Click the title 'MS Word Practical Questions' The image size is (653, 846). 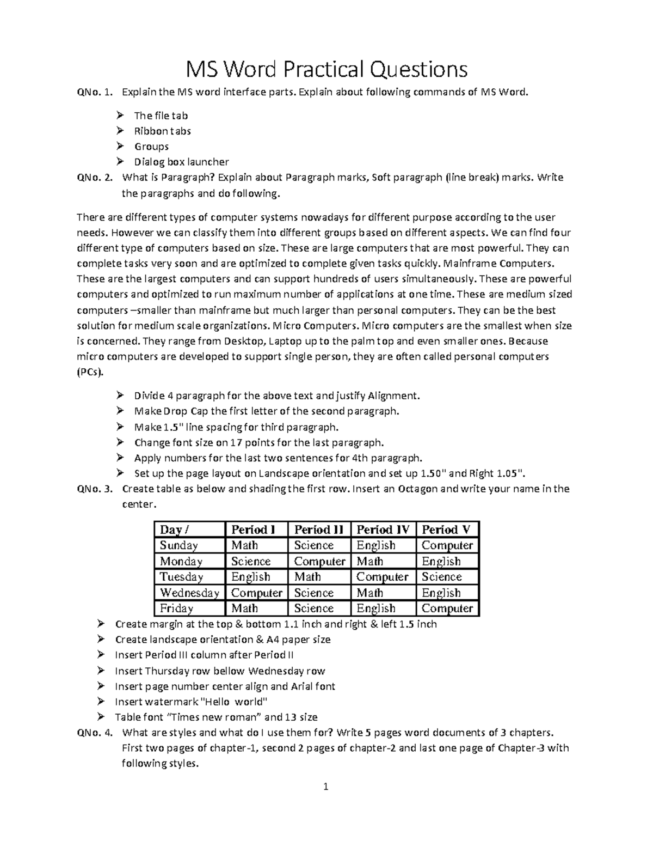coord(326,70)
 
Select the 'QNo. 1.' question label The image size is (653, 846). coord(95,92)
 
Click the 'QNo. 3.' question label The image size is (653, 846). coord(95,489)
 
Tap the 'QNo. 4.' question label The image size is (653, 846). coord(95,732)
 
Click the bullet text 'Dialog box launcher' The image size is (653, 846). coord(181,162)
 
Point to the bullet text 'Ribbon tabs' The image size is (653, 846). coord(162,131)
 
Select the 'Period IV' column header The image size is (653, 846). coord(383,529)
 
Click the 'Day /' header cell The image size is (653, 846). coord(175,529)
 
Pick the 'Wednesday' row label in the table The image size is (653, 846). coord(189,593)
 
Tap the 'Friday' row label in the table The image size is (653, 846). coord(177,608)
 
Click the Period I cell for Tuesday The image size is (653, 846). coord(250,577)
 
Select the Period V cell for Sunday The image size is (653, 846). coord(447,545)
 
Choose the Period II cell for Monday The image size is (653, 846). coord(319,561)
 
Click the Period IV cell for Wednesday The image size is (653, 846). coord(370,593)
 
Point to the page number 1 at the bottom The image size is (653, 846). coord(326,786)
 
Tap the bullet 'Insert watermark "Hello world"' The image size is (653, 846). coord(192,702)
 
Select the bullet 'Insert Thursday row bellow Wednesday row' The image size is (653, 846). coord(220,671)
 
